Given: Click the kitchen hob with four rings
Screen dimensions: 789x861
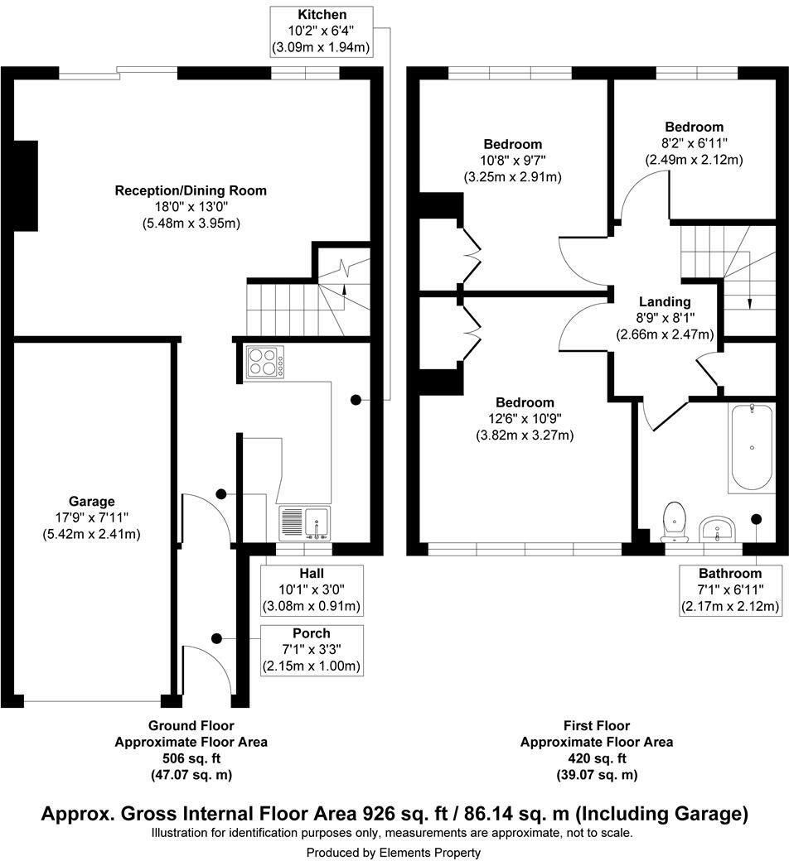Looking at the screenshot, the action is click(x=265, y=362).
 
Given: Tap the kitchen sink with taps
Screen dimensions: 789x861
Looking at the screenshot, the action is click(x=305, y=522).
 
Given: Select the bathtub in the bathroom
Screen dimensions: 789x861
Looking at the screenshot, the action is click(x=752, y=447).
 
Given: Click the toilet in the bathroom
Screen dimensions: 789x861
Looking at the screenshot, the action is click(x=675, y=522).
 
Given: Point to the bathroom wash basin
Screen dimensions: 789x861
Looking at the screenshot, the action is click(x=718, y=529).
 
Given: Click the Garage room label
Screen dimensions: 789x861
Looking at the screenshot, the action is click(x=92, y=502).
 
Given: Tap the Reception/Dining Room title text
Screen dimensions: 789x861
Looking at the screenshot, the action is click(x=191, y=190).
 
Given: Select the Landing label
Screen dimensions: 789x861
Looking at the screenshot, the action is click(x=665, y=301).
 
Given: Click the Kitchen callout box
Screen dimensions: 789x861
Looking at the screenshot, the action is click(x=322, y=31).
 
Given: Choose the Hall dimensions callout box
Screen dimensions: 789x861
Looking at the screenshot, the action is click(x=311, y=590).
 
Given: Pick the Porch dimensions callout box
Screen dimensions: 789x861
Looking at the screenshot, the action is click(x=311, y=650).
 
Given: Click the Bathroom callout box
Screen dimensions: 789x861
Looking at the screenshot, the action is click(x=730, y=590).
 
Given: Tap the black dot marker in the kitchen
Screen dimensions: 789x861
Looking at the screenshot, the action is click(x=356, y=401).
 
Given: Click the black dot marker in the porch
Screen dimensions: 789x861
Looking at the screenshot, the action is click(x=216, y=638).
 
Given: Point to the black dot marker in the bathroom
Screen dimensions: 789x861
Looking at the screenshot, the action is click(x=757, y=518).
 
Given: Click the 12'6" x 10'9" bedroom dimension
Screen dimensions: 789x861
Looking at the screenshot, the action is click(x=525, y=419).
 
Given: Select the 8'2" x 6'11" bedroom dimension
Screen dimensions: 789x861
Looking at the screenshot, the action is click(x=694, y=143).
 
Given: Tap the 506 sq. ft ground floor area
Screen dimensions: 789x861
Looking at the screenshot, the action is click(x=191, y=758).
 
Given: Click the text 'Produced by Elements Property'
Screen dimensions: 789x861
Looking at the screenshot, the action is click(x=393, y=853).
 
